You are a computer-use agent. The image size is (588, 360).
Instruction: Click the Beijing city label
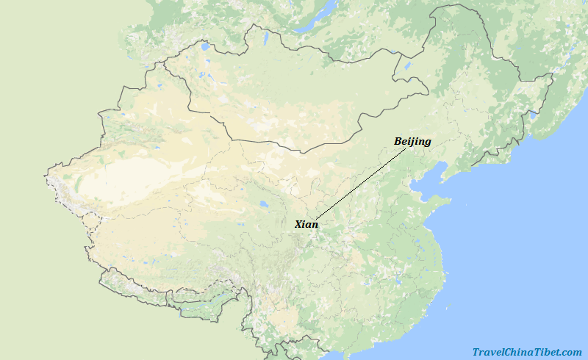(x=412, y=141)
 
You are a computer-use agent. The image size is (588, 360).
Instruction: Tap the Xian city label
(x=306, y=224)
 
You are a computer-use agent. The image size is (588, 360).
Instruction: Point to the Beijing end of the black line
(x=406, y=148)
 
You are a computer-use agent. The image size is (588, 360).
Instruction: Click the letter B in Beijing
(x=398, y=141)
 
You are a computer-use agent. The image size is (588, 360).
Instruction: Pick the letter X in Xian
(x=298, y=224)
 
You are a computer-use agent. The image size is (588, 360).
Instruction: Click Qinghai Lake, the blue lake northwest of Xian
(x=263, y=206)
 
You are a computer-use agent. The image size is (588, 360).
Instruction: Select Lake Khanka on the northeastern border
(x=534, y=115)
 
